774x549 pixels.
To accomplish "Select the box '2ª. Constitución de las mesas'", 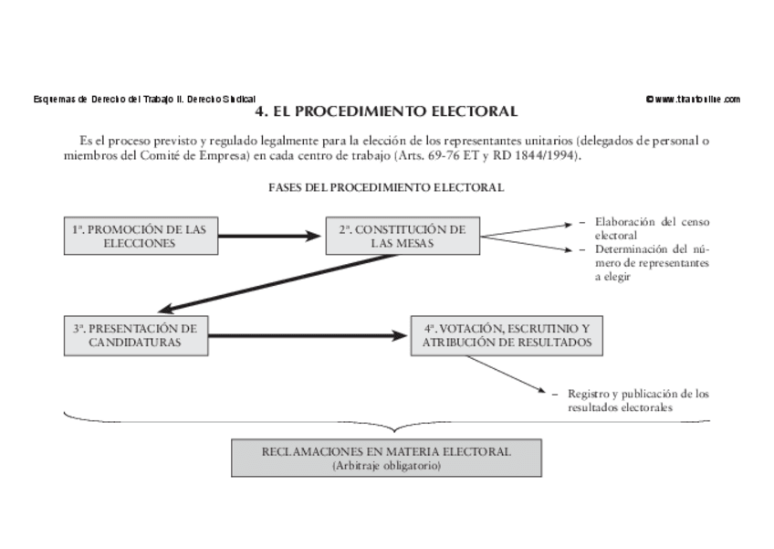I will click(403, 237).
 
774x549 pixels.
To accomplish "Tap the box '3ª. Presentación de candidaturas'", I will click(135, 335).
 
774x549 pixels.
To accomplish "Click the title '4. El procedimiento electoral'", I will click(386, 112).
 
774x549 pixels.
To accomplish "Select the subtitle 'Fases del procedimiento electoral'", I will click(386, 187).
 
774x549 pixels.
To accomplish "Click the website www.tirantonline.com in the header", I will click(693, 99).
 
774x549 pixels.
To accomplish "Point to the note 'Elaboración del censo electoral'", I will click(652, 227).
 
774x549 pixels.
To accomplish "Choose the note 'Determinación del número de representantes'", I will click(652, 262).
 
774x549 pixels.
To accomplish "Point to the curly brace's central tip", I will click(394, 429).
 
